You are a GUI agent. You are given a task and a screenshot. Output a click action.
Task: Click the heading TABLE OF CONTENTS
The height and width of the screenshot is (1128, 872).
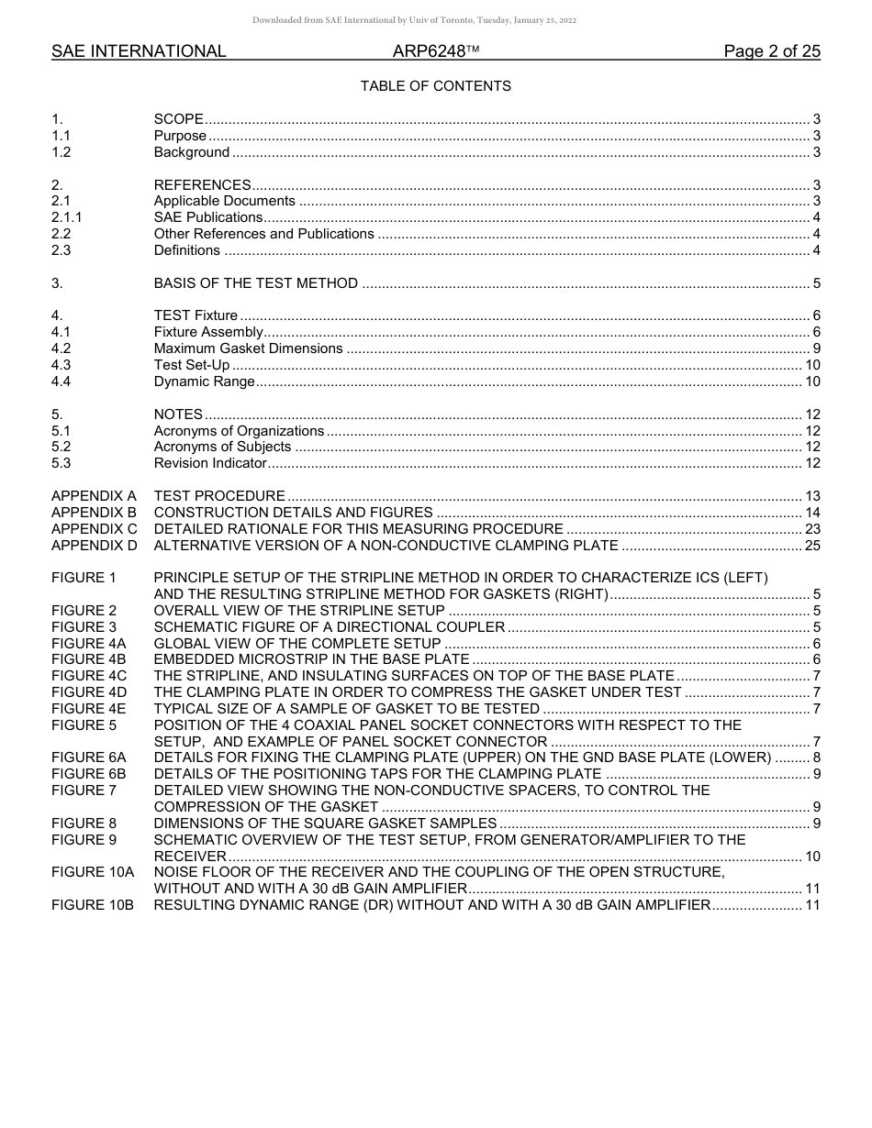(x=435, y=86)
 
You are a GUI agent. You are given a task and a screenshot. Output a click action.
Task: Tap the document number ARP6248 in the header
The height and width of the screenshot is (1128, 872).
(x=430, y=51)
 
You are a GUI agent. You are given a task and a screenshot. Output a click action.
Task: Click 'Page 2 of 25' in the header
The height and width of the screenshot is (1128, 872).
(x=772, y=51)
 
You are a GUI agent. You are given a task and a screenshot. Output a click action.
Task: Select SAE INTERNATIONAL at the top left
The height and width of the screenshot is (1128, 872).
(x=139, y=51)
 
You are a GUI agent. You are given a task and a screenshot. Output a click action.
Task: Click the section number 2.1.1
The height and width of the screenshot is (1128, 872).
(x=67, y=217)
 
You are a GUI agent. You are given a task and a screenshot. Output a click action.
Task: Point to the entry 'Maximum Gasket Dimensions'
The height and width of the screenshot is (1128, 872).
(x=248, y=348)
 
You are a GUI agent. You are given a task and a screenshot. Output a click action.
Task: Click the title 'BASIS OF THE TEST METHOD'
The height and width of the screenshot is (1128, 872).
(x=255, y=283)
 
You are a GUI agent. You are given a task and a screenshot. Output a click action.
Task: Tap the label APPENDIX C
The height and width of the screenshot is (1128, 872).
(x=94, y=529)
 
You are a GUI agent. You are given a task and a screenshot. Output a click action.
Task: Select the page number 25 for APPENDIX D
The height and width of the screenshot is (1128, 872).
(x=811, y=546)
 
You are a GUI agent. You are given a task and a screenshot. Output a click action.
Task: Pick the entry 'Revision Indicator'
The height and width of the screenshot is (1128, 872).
(x=209, y=463)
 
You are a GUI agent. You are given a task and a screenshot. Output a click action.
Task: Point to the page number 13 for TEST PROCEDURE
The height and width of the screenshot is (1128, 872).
(x=811, y=496)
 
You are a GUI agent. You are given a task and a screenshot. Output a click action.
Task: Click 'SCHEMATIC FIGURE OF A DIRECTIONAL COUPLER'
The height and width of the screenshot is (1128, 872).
(x=329, y=627)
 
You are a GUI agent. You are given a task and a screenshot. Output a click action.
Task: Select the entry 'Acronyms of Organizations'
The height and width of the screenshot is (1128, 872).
(x=239, y=431)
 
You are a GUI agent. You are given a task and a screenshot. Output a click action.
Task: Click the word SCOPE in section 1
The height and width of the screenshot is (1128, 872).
(x=178, y=119)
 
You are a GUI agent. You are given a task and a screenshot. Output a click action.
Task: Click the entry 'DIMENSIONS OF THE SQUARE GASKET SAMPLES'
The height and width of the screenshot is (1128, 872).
(x=325, y=824)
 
